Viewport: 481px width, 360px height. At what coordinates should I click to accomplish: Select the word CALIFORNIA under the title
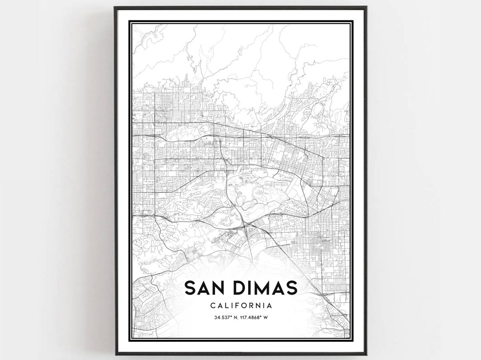(240, 306)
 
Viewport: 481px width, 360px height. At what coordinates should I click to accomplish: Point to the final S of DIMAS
(292, 288)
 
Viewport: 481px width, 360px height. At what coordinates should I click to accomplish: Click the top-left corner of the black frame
(114, 7)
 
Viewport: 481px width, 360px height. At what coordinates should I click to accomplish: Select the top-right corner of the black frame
(366, 7)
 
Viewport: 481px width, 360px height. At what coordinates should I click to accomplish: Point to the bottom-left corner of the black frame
(114, 354)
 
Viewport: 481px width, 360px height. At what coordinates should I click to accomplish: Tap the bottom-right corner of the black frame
(366, 354)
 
